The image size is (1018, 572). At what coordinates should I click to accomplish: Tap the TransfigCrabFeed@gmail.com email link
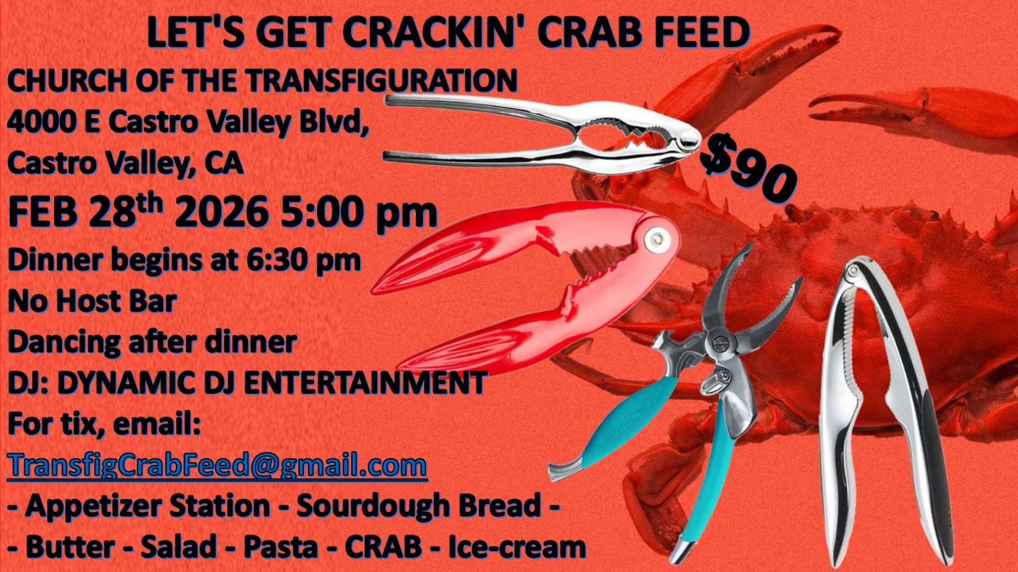click(x=217, y=465)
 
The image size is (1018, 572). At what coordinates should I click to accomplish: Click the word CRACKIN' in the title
click(x=434, y=33)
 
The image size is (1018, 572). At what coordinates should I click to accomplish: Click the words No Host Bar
click(x=92, y=301)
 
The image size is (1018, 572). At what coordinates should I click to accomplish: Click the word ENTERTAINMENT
click(x=366, y=383)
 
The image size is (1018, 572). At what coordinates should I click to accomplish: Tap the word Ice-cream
click(x=517, y=547)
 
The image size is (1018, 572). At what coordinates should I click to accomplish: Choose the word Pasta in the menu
click(x=281, y=547)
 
